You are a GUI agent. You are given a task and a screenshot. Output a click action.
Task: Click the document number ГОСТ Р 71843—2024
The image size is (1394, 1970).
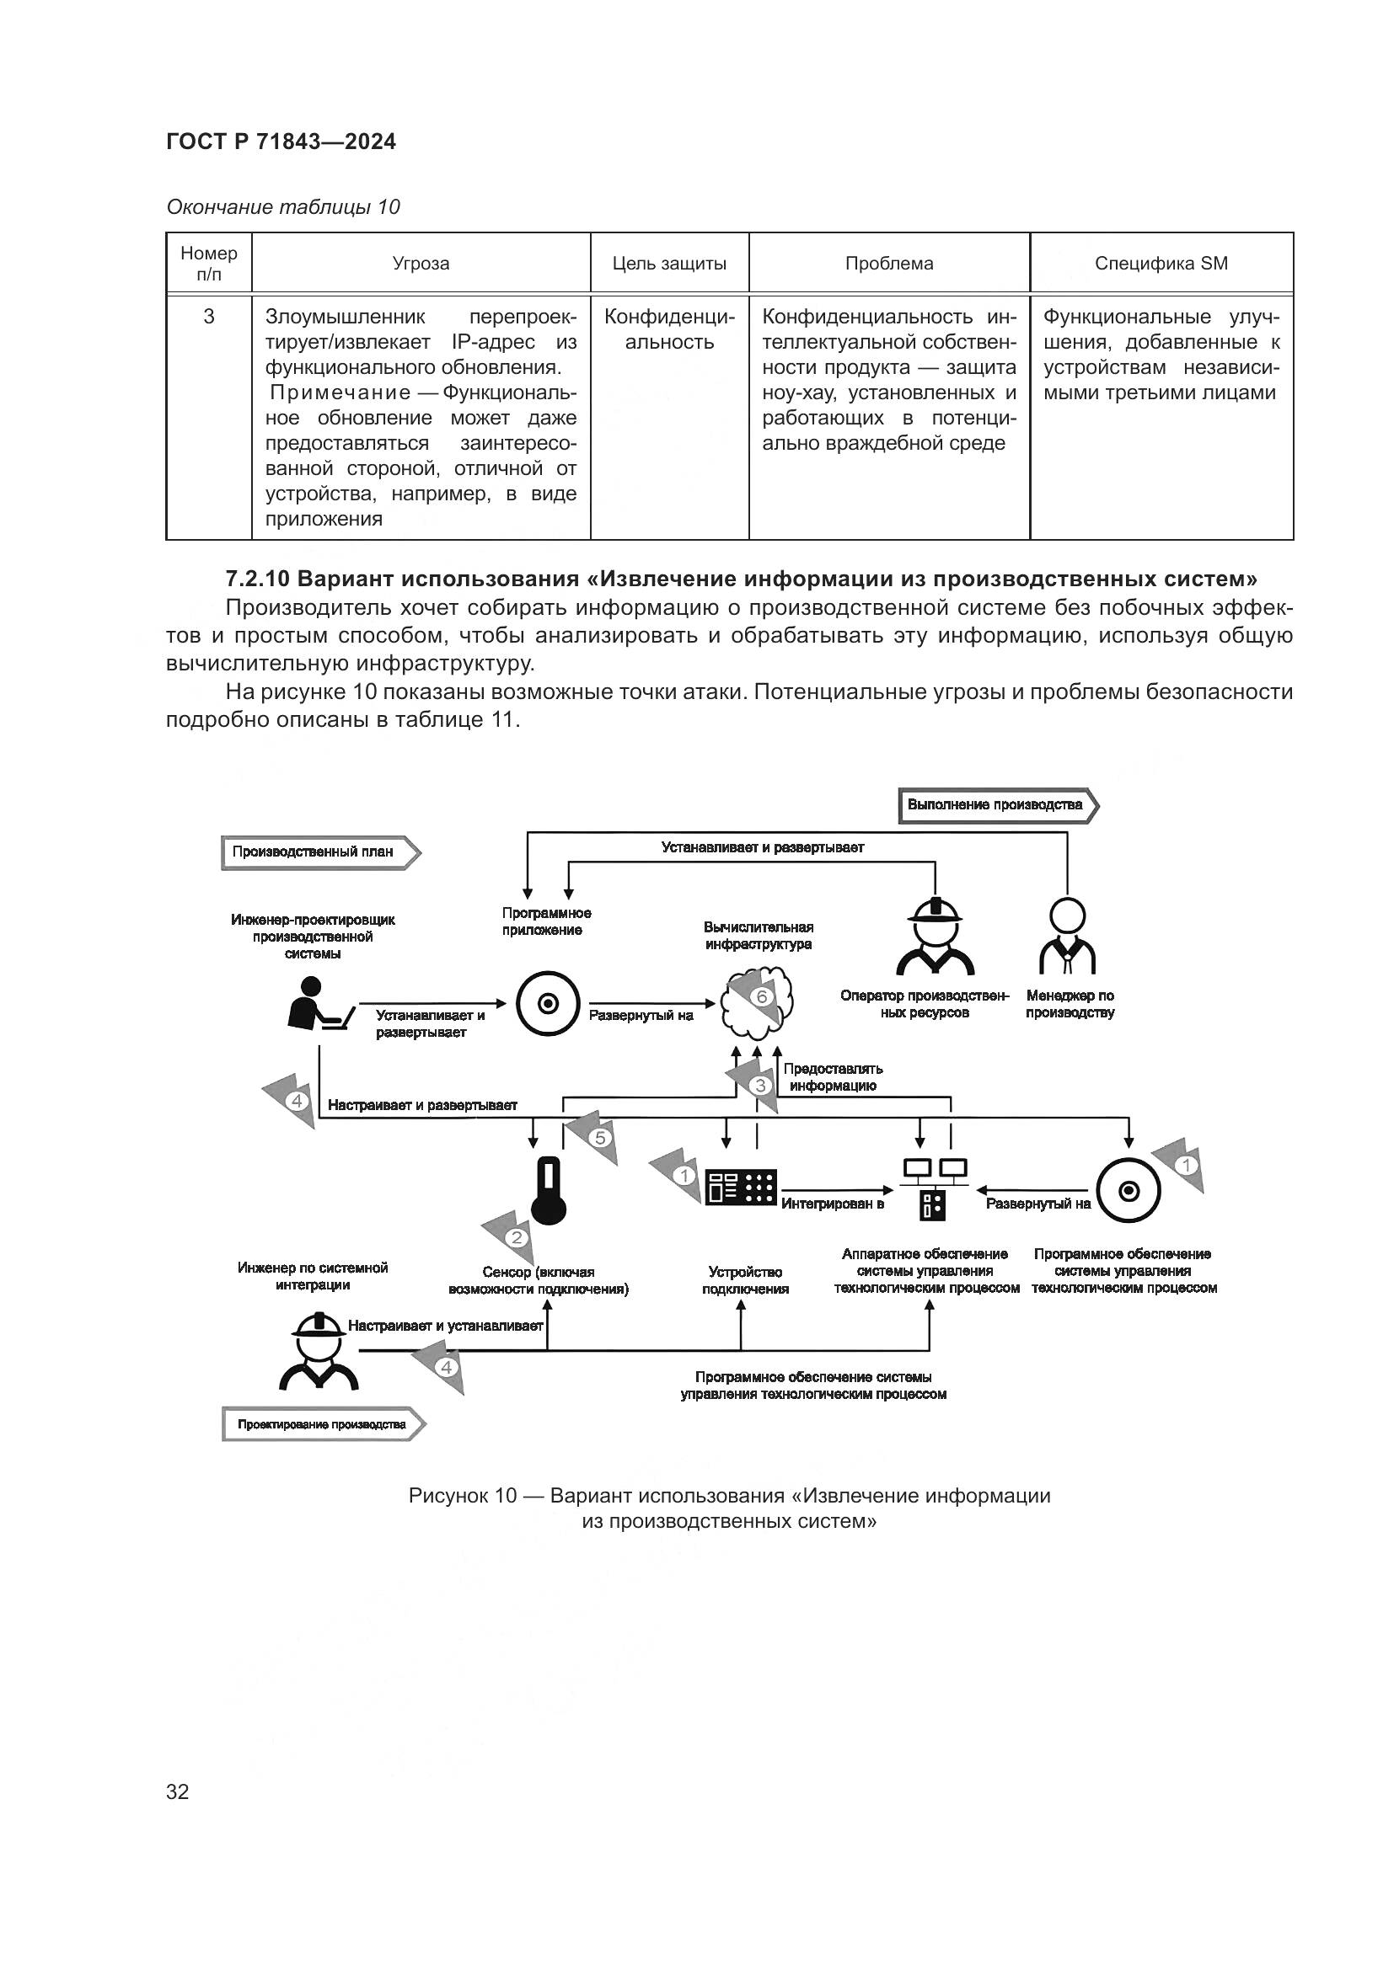pos(281,141)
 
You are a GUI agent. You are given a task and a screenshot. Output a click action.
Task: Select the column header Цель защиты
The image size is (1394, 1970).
pos(668,264)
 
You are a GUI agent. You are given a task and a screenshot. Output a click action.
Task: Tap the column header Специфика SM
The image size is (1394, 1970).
pos(1161,264)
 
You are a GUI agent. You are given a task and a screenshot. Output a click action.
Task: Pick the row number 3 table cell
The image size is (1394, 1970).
pos(208,317)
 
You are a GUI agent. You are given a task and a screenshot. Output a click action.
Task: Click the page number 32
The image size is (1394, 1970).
pos(178,1791)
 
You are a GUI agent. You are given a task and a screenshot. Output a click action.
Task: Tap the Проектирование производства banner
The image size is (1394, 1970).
pos(323,1424)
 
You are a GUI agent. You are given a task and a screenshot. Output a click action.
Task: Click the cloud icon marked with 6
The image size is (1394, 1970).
pos(757,1001)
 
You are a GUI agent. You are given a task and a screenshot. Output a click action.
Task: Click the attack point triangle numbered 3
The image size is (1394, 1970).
pos(759,1086)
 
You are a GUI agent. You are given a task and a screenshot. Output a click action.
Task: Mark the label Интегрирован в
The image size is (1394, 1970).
pos(832,1204)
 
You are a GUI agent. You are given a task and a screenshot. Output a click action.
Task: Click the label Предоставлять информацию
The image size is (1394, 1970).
pos(833,1078)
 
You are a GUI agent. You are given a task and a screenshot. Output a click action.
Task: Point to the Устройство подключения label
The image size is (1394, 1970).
pos(745,1280)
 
